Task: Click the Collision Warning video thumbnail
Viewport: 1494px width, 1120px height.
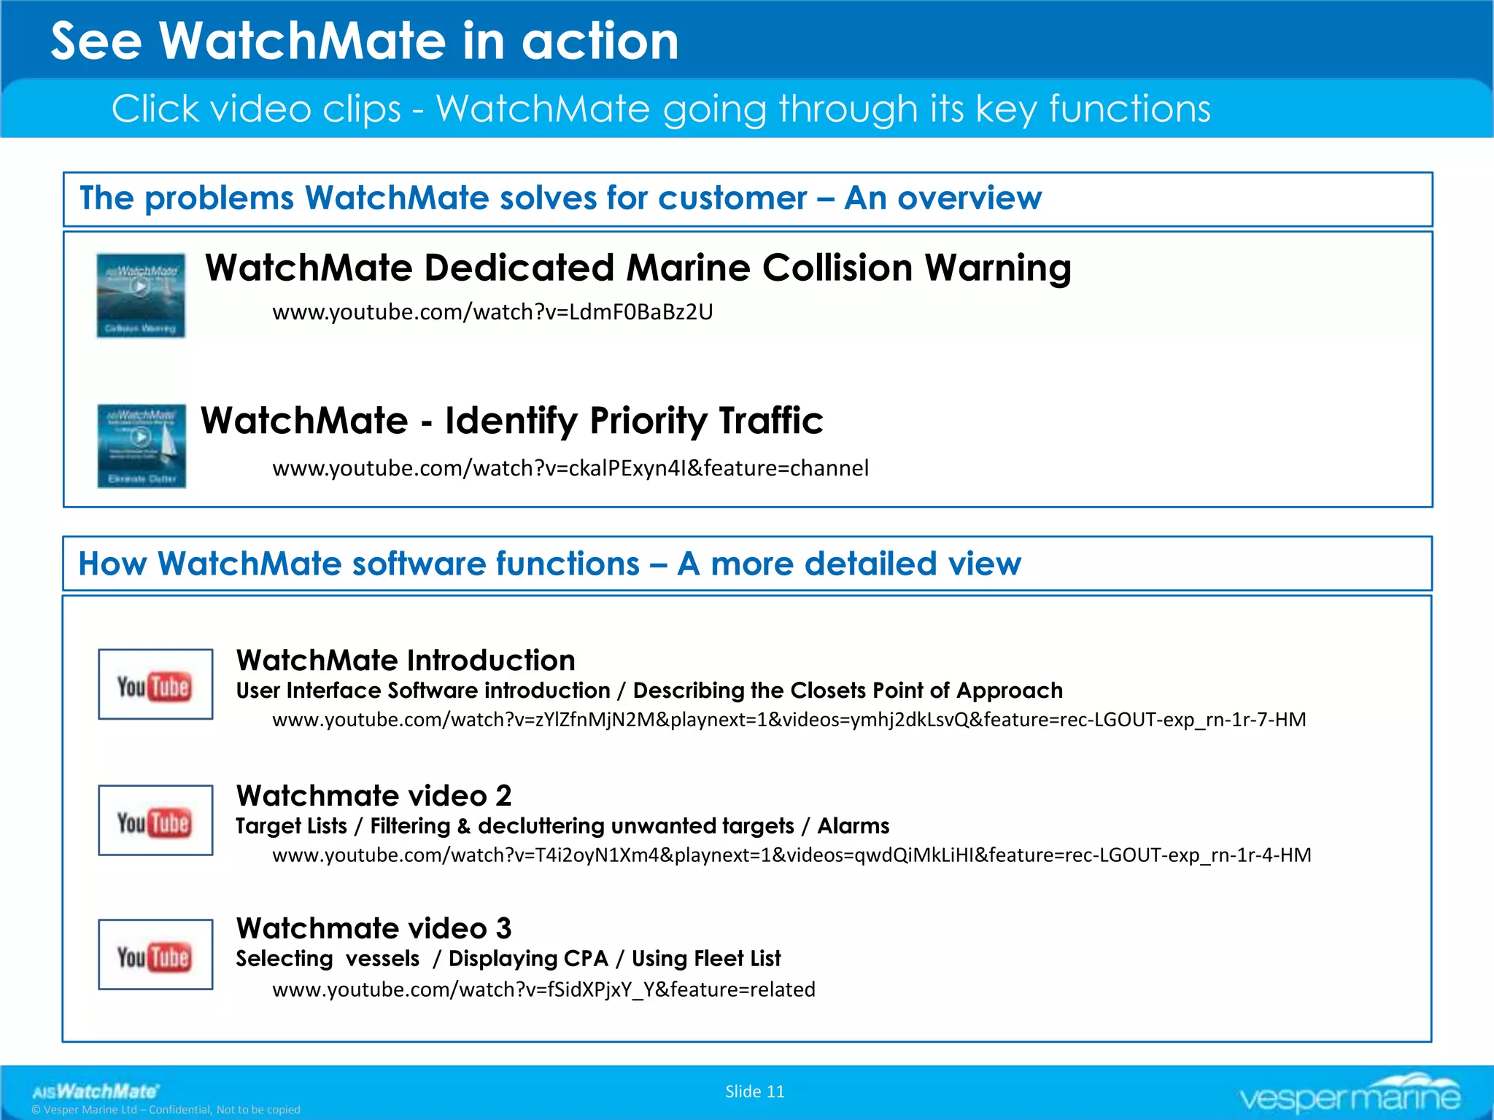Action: point(141,295)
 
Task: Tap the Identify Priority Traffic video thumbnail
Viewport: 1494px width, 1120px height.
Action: point(142,446)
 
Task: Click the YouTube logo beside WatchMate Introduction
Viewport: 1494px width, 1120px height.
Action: point(155,685)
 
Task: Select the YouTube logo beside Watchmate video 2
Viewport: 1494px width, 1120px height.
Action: point(155,820)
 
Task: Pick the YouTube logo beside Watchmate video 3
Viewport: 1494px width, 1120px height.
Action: point(155,954)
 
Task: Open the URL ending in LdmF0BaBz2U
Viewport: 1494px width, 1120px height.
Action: point(492,312)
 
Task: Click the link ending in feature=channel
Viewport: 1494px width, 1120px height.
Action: point(570,468)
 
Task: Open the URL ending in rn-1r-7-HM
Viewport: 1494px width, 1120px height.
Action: point(789,720)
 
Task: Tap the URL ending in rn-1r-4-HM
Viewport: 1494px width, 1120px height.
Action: point(791,855)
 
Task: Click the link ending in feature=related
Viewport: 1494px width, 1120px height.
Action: point(543,989)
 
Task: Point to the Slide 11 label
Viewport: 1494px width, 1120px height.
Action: point(754,1092)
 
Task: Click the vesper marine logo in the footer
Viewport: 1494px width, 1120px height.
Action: point(1350,1094)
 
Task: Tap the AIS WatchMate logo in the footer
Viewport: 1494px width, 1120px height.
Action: point(95,1092)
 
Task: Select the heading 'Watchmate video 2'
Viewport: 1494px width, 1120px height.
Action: point(373,796)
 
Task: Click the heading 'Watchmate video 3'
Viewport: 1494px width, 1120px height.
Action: point(373,929)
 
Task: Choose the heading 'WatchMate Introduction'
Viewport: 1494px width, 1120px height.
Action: point(406,661)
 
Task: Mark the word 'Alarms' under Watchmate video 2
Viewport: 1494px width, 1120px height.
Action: point(853,826)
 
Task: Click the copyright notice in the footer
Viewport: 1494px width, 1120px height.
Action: point(166,1110)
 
